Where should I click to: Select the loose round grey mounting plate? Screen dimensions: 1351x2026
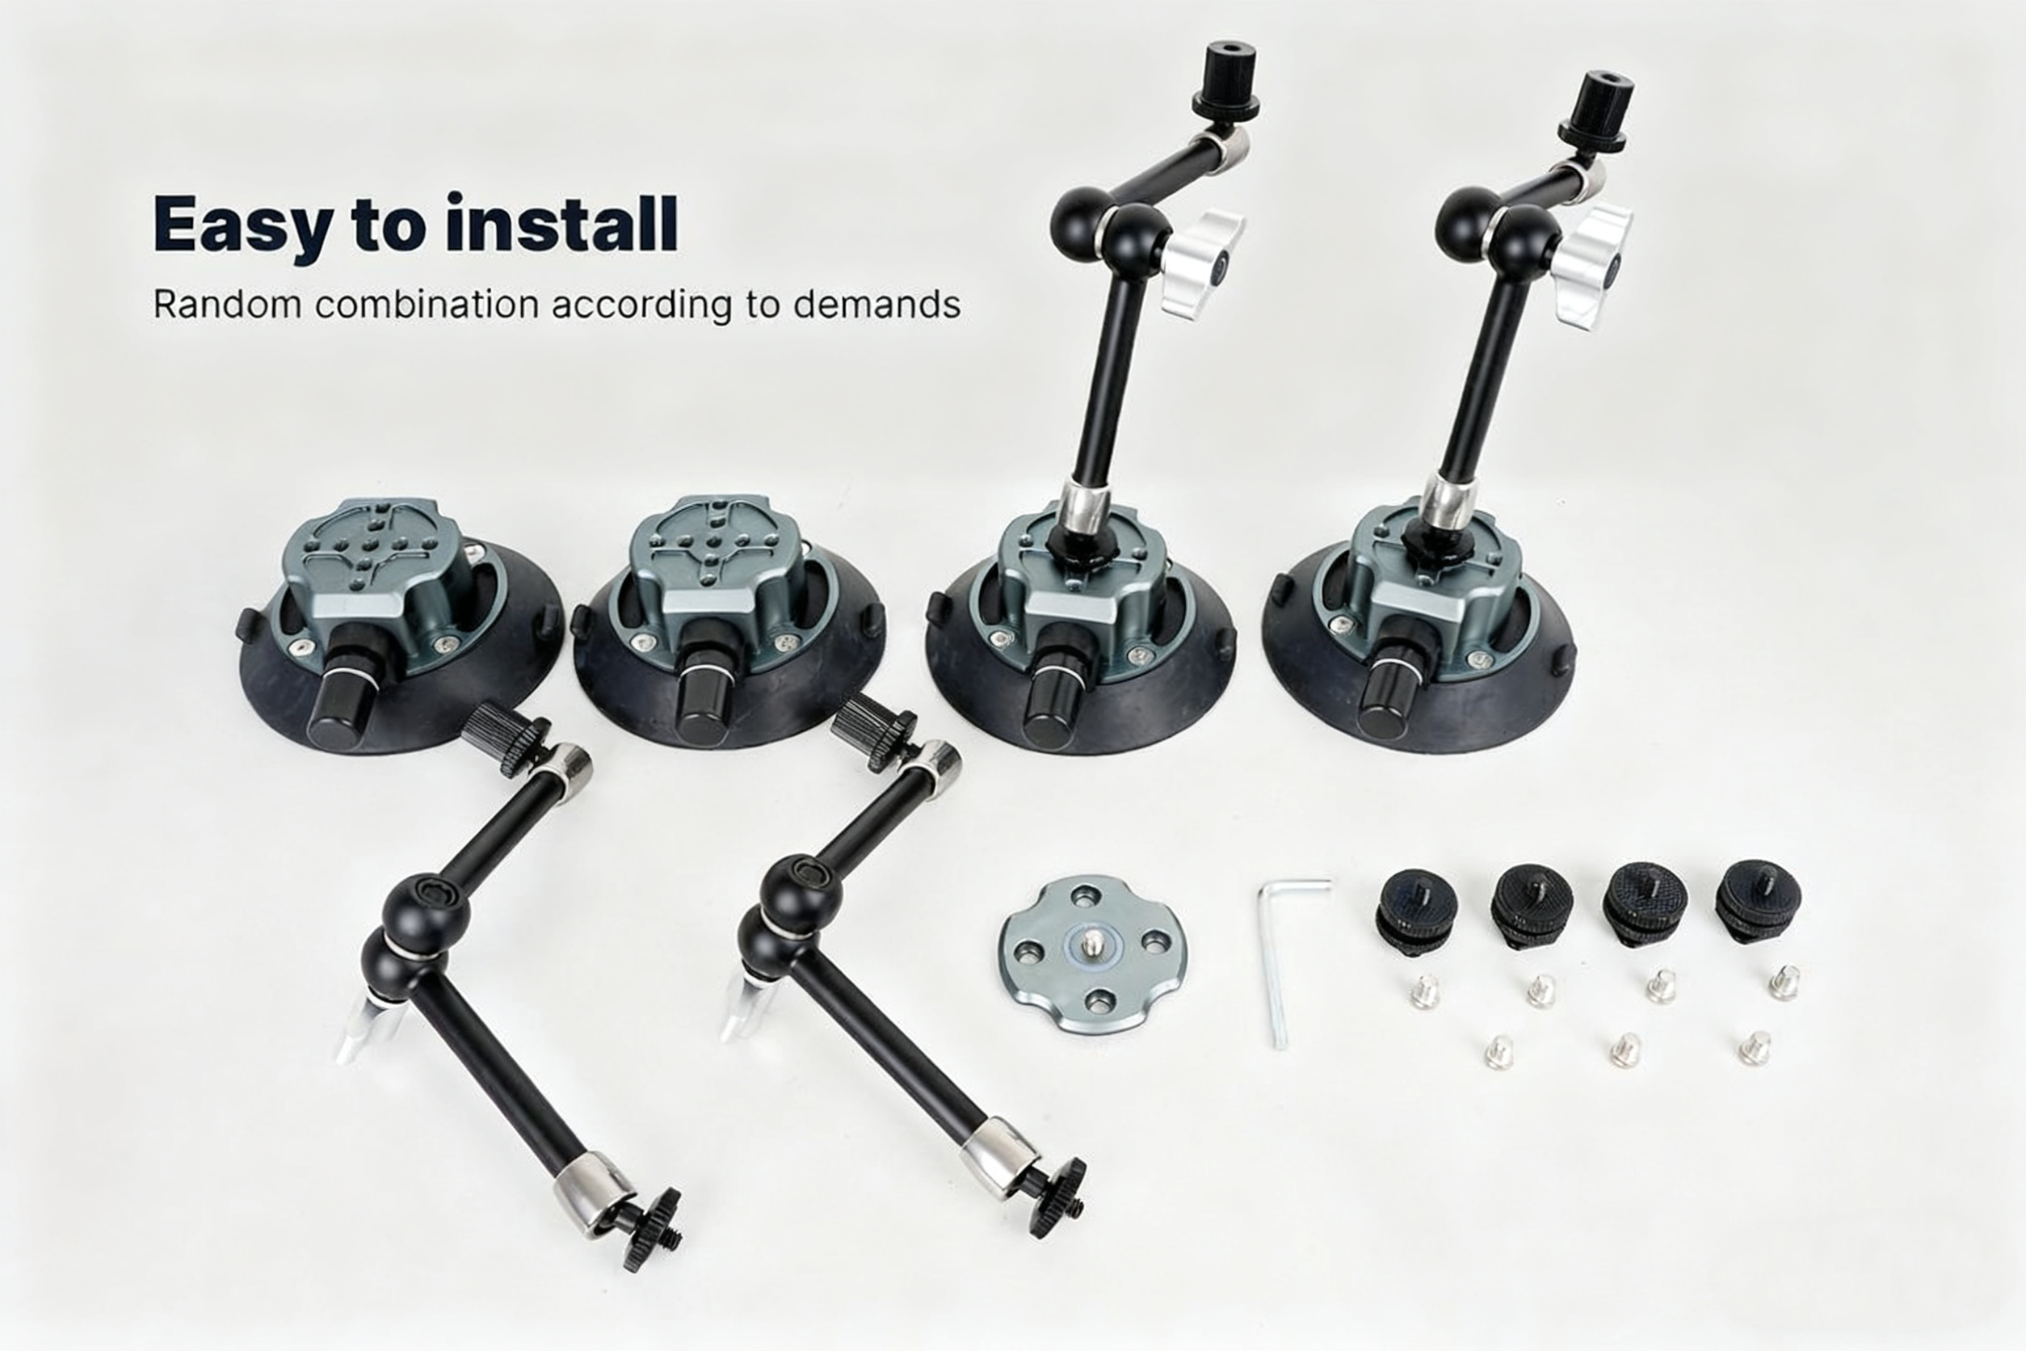click(x=1092, y=953)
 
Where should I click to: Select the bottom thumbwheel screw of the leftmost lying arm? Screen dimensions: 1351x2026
click(x=653, y=1217)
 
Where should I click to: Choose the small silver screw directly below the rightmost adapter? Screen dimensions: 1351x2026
click(x=1784, y=983)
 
